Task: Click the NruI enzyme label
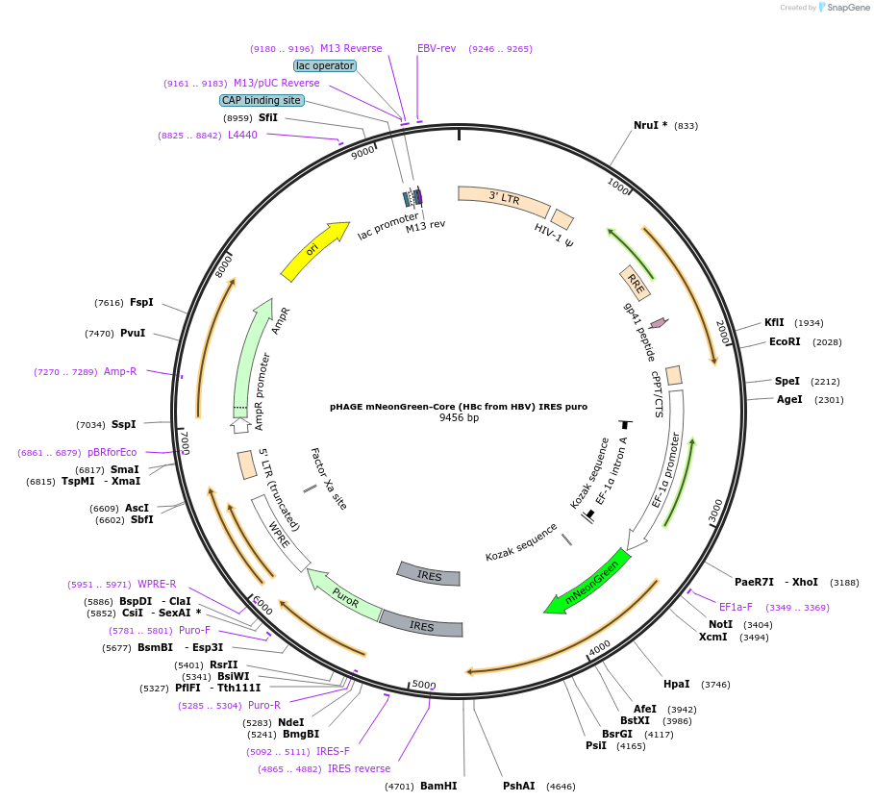(x=650, y=126)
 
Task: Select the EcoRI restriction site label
(x=785, y=341)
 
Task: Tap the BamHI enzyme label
(x=438, y=786)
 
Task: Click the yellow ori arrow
(x=314, y=250)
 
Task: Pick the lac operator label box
(x=325, y=65)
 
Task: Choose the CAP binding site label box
(x=262, y=100)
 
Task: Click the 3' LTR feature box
(x=504, y=199)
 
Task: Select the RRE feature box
(x=636, y=283)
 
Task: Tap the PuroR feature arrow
(x=343, y=595)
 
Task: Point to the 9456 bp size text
(x=459, y=418)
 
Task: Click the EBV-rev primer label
(x=437, y=48)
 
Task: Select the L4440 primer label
(x=242, y=136)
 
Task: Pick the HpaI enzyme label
(x=676, y=684)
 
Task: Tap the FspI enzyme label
(x=141, y=302)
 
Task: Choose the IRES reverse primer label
(x=359, y=768)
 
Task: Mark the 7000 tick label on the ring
(x=185, y=442)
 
